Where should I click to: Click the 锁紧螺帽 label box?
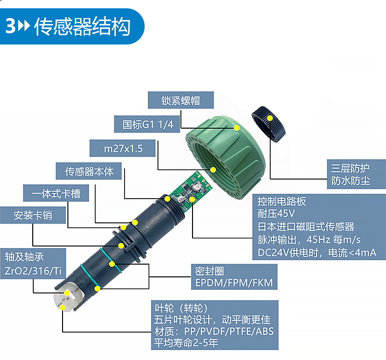click(x=181, y=100)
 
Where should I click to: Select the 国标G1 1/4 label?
click(x=147, y=124)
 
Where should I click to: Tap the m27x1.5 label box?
click(x=122, y=148)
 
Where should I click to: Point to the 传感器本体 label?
click(x=88, y=171)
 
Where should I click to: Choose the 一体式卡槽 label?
click(x=56, y=193)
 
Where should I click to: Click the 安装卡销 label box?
click(x=33, y=215)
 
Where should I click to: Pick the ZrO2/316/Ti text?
click(x=33, y=271)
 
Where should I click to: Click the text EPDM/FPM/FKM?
click(x=234, y=283)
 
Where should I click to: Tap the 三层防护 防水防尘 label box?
click(x=356, y=174)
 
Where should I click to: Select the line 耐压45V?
click(x=276, y=213)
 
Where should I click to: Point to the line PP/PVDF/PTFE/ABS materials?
click(x=214, y=331)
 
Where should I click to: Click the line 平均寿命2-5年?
click(x=186, y=343)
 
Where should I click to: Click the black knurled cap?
click(x=268, y=124)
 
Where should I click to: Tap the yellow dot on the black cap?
click(x=270, y=118)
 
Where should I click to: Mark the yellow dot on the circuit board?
click(x=192, y=199)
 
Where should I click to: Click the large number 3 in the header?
click(x=11, y=26)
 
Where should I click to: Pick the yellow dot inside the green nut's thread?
click(x=213, y=170)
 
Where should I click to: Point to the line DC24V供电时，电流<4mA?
click(x=317, y=252)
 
